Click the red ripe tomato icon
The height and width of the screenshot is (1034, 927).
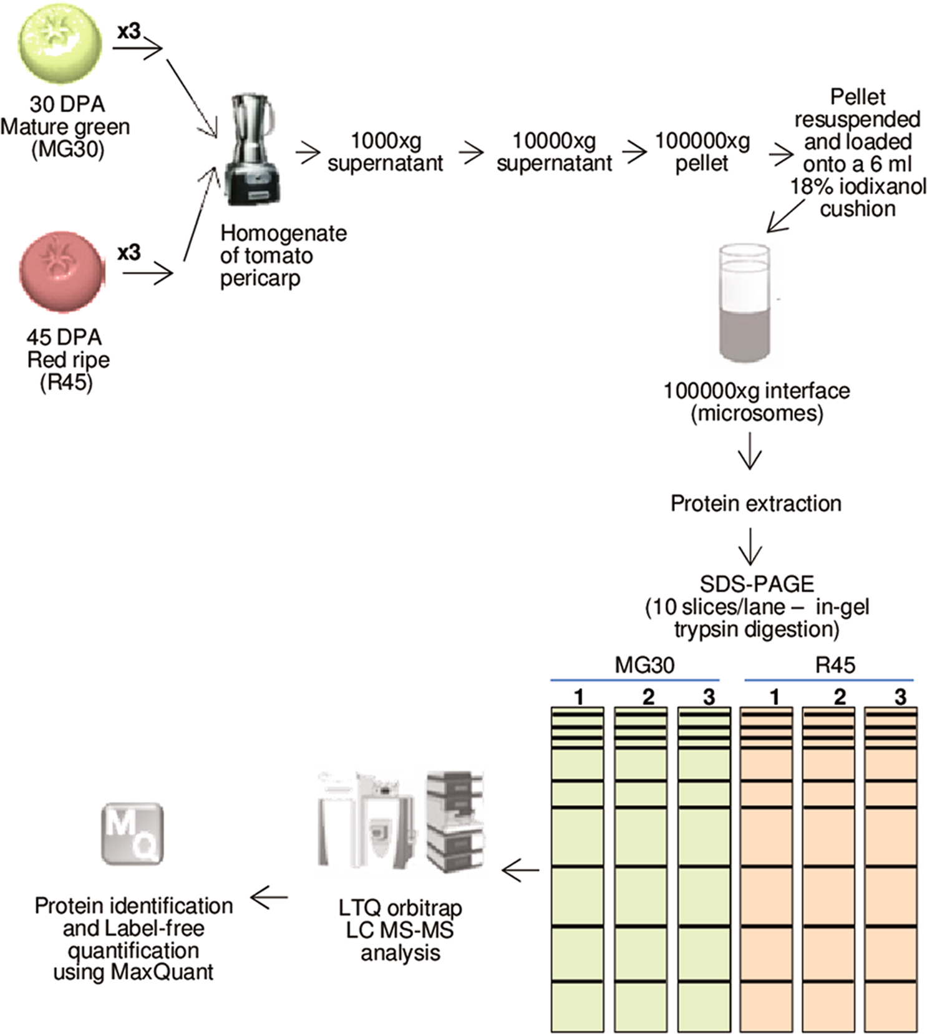point(62,271)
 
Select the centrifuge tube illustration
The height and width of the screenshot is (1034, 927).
point(744,303)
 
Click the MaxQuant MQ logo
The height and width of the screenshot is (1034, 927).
point(132,834)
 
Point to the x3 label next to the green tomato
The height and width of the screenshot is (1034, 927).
point(129,31)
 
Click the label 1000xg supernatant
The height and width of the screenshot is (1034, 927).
point(385,152)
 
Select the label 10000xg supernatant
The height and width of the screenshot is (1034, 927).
point(554,152)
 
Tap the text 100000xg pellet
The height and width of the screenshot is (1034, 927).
point(702,152)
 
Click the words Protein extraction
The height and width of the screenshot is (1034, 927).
point(755,504)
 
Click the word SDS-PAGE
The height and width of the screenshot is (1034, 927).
point(757,584)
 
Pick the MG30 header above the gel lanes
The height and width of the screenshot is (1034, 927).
point(644,665)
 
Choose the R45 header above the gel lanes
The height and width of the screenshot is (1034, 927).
point(835,665)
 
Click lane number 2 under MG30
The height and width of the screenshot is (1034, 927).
point(648,697)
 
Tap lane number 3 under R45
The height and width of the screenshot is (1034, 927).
point(900,697)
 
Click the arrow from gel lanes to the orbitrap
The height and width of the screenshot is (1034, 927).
point(520,871)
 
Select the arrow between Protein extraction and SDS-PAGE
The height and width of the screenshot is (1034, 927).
point(750,546)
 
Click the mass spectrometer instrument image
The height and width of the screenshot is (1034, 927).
point(399,822)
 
